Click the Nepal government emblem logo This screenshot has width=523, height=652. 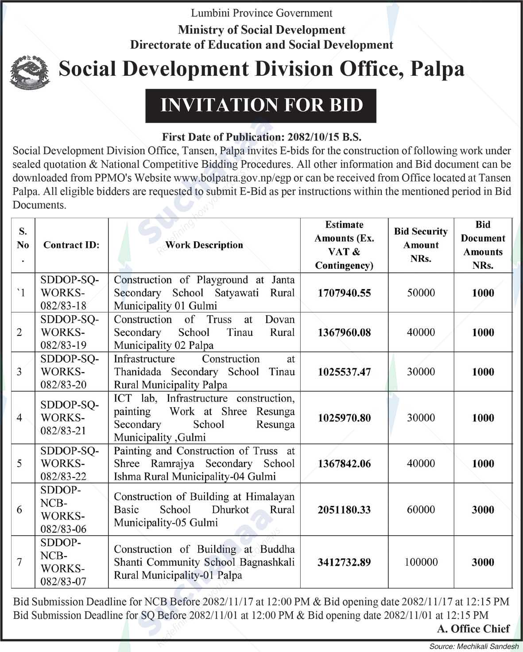click(30, 72)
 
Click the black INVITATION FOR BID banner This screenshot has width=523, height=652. click(261, 105)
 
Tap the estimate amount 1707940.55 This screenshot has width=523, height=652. click(344, 293)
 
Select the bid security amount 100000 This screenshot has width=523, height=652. click(421, 562)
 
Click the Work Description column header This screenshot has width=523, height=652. click(204, 245)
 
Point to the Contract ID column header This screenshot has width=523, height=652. click(71, 245)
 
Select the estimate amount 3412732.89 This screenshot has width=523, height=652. click(344, 562)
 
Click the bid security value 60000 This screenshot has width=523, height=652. click(421, 509)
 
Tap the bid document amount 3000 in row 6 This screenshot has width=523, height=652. click(483, 509)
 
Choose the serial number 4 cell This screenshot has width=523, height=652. click(19, 417)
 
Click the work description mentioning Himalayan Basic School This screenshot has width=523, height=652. click(204, 509)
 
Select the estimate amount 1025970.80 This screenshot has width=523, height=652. click(344, 417)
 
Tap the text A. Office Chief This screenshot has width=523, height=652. click(473, 629)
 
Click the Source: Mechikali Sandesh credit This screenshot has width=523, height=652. click(473, 646)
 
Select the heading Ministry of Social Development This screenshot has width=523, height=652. click(261, 30)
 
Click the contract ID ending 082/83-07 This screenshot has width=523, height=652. click(64, 562)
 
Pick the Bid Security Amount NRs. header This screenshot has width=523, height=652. click(421, 245)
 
